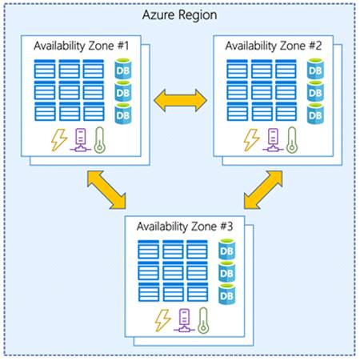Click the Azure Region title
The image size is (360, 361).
coord(180,14)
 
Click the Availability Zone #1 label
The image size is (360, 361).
coord(80,45)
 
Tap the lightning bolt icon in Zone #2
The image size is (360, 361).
coord(252,139)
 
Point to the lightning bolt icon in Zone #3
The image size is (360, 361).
coord(163,320)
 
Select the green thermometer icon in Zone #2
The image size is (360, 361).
coord(294,139)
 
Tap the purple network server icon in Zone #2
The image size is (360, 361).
coord(274,140)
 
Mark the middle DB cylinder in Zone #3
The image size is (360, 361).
coord(227,274)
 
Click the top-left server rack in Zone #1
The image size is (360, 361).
coord(46,70)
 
